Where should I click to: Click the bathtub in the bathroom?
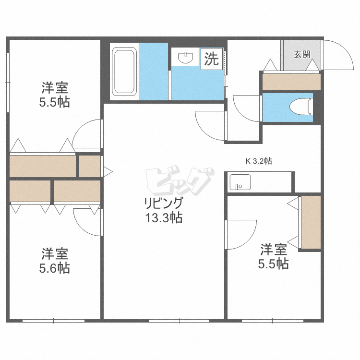coord(124,72)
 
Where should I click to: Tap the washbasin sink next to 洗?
coord(185,58)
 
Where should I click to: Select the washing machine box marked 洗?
coord(212,59)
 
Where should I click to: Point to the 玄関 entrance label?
coord(302,54)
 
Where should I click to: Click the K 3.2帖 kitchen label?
coord(259,161)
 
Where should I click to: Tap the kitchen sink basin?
coord(240,182)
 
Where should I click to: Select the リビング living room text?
coord(164,203)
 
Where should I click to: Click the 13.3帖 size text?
coord(164,217)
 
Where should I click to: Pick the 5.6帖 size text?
coord(54,268)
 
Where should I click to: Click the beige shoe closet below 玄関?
coord(291,82)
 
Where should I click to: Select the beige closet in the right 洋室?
coord(311,222)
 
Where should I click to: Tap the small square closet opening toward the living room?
coord(90,166)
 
